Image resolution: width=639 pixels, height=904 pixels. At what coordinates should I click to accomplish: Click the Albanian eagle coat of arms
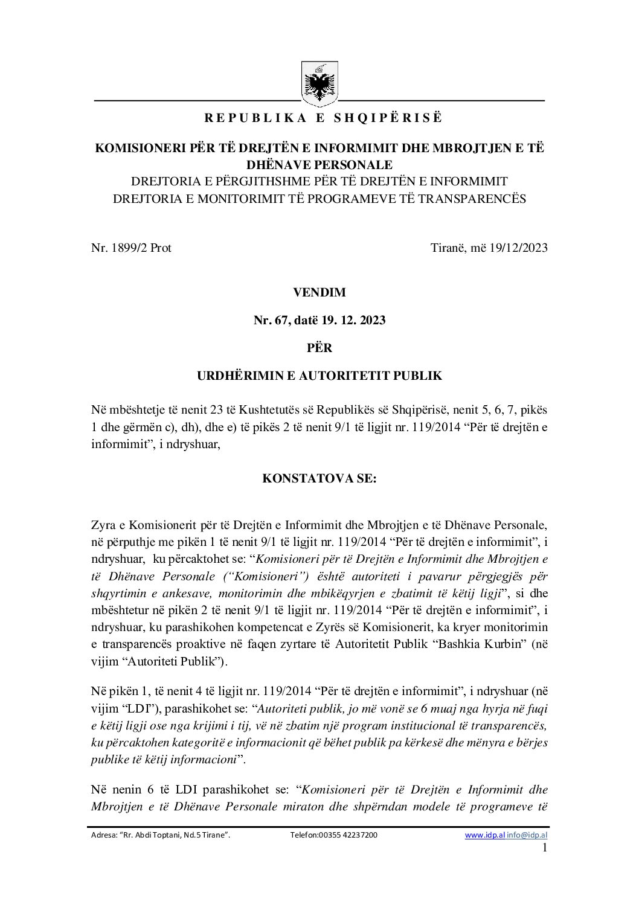click(x=319, y=84)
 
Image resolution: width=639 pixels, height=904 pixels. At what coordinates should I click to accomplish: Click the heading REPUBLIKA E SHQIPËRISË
click(x=323, y=118)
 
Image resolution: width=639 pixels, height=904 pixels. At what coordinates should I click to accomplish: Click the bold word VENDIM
click(x=319, y=292)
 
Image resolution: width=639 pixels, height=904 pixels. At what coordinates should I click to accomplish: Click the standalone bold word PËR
click(x=319, y=348)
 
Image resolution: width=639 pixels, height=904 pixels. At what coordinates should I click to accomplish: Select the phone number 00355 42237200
click(x=347, y=835)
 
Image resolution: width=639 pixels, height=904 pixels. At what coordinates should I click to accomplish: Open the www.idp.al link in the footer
click(x=484, y=835)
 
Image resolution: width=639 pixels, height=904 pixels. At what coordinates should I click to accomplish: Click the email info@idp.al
click(x=527, y=835)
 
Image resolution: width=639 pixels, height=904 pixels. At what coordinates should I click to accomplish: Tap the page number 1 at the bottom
click(x=545, y=848)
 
